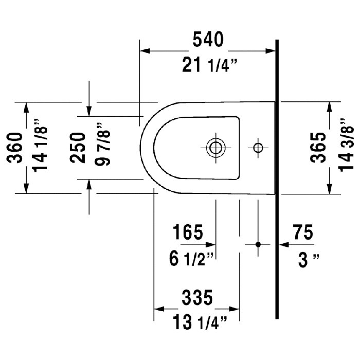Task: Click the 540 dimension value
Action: tap(208, 40)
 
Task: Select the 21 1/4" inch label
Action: tap(209, 65)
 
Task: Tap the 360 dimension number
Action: tap(15, 148)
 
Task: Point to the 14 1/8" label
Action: tap(40, 146)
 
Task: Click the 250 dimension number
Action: tap(77, 148)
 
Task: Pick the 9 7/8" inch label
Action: tap(103, 144)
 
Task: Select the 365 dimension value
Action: tap(318, 148)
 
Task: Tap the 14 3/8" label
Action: tap(346, 145)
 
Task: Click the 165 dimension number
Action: tap(188, 232)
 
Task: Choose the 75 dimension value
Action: tap(303, 232)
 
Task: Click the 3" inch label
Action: tap(309, 260)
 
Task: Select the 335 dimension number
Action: tap(197, 298)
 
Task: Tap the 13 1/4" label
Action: tap(200, 322)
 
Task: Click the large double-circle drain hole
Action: tap(215, 148)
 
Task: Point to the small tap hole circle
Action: tap(258, 148)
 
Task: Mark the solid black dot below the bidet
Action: tap(258, 244)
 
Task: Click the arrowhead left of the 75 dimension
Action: tap(284, 245)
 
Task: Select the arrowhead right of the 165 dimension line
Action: tap(210, 245)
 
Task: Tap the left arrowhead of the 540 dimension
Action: tap(145, 51)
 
